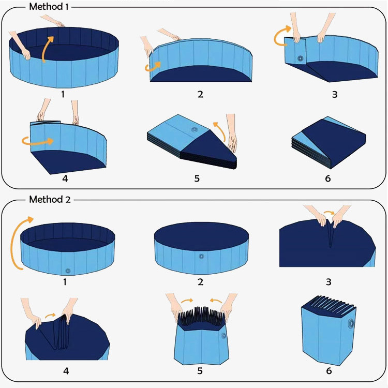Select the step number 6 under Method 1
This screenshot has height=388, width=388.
tap(328, 180)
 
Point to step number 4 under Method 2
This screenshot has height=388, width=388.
tap(65, 371)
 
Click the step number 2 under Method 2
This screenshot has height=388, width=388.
tap(200, 282)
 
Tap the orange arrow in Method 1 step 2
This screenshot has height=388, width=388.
tap(153, 66)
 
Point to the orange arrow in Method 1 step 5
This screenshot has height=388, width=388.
tap(219, 131)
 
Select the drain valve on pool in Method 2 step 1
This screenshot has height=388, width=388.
tap(68, 269)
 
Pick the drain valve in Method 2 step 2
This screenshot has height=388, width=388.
tap(201, 256)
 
